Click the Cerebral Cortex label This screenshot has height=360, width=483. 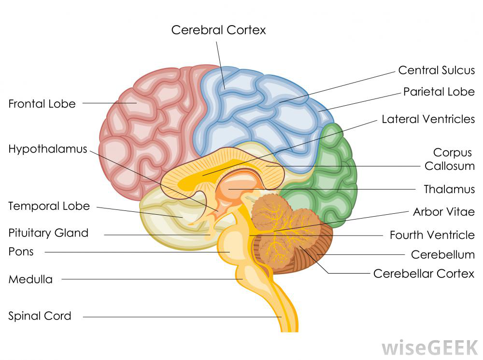pos(218,30)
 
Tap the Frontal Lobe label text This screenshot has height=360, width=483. pos(42,104)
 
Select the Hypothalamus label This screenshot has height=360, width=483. pos(48,149)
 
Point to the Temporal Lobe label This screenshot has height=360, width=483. pos(49,206)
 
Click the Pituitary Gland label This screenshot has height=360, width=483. pos(48,233)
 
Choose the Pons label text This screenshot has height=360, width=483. pos(21,252)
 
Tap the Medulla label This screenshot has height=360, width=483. pos(30,279)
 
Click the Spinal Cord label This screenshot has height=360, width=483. pos(40,316)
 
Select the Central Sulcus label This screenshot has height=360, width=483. pos(437,70)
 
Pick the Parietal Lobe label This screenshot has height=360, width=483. pos(439,92)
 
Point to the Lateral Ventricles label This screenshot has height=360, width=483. pos(428,119)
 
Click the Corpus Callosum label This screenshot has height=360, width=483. pos(450,159)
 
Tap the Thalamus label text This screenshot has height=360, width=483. pos(449,189)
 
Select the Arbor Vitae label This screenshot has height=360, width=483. pos(444,212)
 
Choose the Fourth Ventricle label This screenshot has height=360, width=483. pos(432,235)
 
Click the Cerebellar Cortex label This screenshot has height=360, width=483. pos(424,274)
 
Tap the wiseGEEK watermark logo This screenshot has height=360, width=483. pos(429,347)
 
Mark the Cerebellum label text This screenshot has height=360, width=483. pos(442,254)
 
